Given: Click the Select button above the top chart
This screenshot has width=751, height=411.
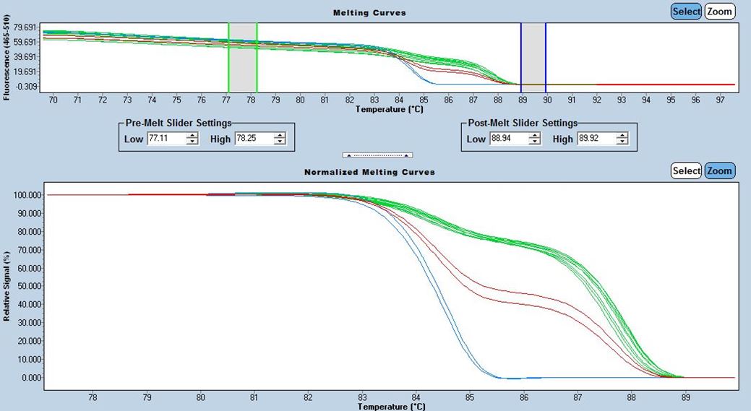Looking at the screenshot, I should click(x=685, y=11).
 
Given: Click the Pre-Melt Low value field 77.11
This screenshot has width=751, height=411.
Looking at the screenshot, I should click(x=165, y=139).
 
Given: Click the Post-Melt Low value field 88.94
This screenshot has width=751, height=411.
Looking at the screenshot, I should click(x=507, y=139).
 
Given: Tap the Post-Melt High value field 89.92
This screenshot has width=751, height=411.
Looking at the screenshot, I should click(x=595, y=139).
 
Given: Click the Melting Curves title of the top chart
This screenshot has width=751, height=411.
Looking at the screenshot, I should click(x=369, y=13).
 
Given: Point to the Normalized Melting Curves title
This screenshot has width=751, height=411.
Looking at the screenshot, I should click(x=369, y=172).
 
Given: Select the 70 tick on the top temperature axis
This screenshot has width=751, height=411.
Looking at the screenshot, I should click(x=53, y=100).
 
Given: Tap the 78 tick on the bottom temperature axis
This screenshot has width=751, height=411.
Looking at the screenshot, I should click(x=93, y=397).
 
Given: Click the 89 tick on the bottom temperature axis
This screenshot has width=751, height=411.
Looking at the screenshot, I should click(x=686, y=397).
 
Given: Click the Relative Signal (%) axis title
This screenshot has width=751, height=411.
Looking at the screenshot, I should click(x=7, y=286).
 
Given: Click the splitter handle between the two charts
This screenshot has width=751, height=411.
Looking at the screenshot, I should click(x=377, y=155).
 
